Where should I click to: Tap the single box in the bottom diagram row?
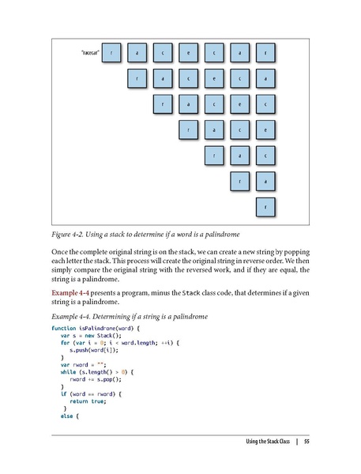(265, 208)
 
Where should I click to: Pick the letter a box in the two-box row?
(265, 182)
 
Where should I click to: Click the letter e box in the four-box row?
(265, 130)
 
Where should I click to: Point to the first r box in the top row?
(112, 53)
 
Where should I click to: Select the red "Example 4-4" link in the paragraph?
(69, 293)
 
